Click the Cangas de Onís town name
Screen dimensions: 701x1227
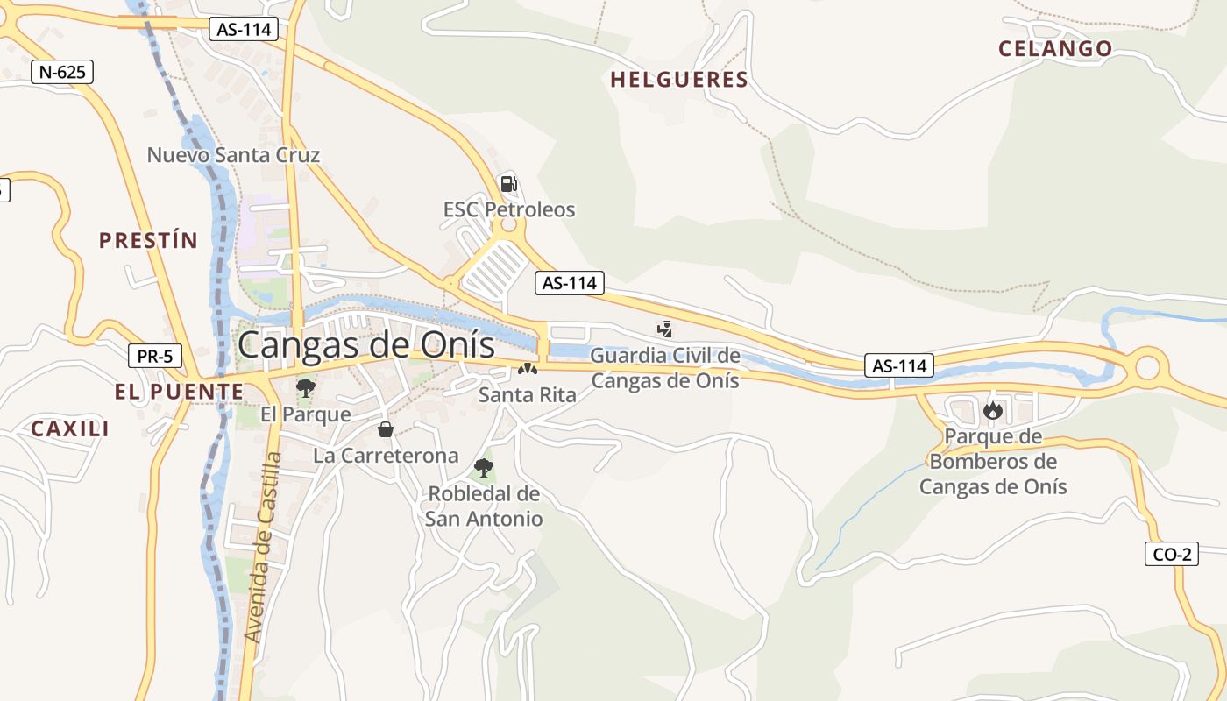tap(365, 344)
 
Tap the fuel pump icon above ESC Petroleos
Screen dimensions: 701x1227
tap(508, 184)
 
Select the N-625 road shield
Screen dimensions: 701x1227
tap(61, 72)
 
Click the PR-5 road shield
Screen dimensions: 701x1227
tap(155, 357)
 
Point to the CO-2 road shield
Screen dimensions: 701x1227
tap(1171, 554)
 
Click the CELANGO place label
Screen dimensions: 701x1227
tap(1055, 49)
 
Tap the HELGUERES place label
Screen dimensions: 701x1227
tap(679, 81)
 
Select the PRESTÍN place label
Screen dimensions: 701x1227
tap(148, 241)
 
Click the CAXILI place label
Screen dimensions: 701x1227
tap(70, 429)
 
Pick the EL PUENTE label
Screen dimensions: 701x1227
tap(179, 392)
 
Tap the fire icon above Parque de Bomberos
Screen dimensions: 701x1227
tap(992, 410)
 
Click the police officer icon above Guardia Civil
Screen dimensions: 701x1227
tap(665, 329)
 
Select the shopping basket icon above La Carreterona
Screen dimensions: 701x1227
tap(385, 429)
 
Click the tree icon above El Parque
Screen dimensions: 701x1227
tap(305, 388)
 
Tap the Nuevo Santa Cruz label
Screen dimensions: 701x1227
tap(233, 155)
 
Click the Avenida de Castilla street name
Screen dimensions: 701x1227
tap(265, 548)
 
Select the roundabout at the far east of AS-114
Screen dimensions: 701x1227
tap(1147, 367)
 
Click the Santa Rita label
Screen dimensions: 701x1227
tap(528, 395)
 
